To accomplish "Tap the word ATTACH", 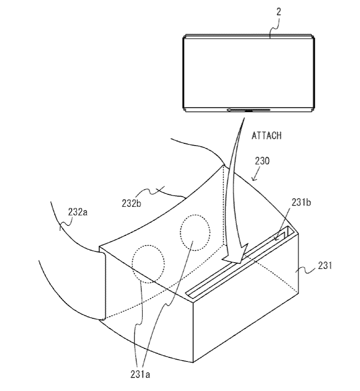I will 267,136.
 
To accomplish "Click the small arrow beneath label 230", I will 253,179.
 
